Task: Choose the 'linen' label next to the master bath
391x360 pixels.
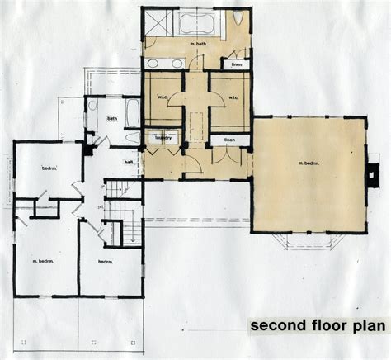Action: click(x=236, y=64)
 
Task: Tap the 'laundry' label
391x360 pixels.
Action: click(x=161, y=138)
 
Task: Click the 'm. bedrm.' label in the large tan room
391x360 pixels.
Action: click(x=307, y=164)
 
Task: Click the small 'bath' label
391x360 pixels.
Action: click(x=111, y=118)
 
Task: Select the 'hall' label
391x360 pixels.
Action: click(x=129, y=163)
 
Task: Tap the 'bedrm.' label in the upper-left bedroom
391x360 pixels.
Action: click(x=49, y=168)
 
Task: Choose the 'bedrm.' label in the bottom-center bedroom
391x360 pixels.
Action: click(x=106, y=262)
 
